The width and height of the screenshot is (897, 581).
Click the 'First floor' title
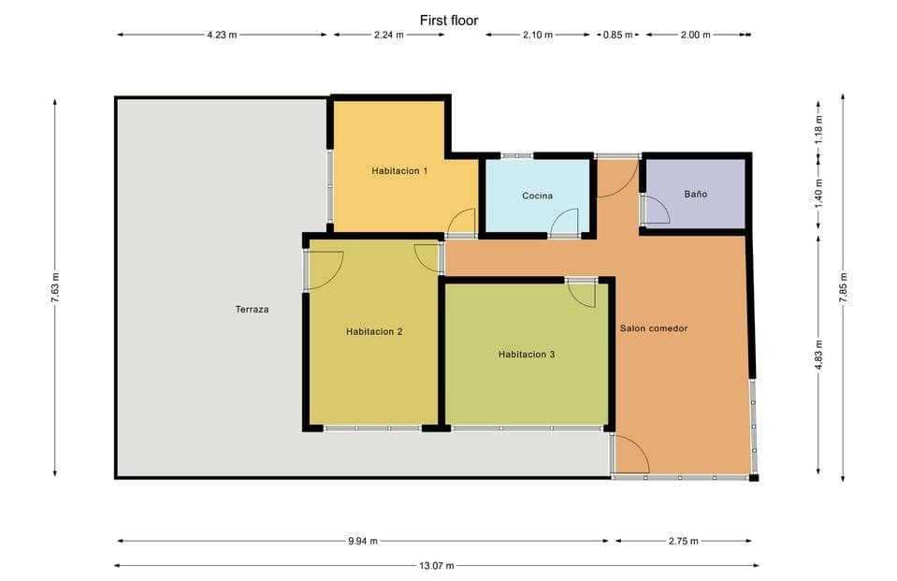(449, 21)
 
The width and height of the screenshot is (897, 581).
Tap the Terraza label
(252, 309)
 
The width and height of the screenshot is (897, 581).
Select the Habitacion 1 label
(399, 170)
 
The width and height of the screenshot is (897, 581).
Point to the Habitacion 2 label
(374, 331)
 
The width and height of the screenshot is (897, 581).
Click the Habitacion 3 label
(527, 355)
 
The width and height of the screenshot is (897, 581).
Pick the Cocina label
(537, 196)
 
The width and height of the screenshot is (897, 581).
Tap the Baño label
(696, 194)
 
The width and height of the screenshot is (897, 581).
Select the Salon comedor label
(654, 328)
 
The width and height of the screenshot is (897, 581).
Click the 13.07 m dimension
(437, 565)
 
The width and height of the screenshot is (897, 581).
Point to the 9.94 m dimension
(363, 541)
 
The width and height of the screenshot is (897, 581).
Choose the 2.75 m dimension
(684, 541)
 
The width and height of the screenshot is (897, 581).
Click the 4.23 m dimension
(222, 35)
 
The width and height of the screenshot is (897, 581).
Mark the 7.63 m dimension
(55, 287)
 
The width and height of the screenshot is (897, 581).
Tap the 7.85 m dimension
(844, 288)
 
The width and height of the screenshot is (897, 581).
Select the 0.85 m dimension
(618, 35)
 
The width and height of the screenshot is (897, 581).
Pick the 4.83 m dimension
(818, 355)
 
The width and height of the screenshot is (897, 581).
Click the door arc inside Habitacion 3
(583, 295)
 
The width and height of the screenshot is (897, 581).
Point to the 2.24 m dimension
(389, 35)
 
